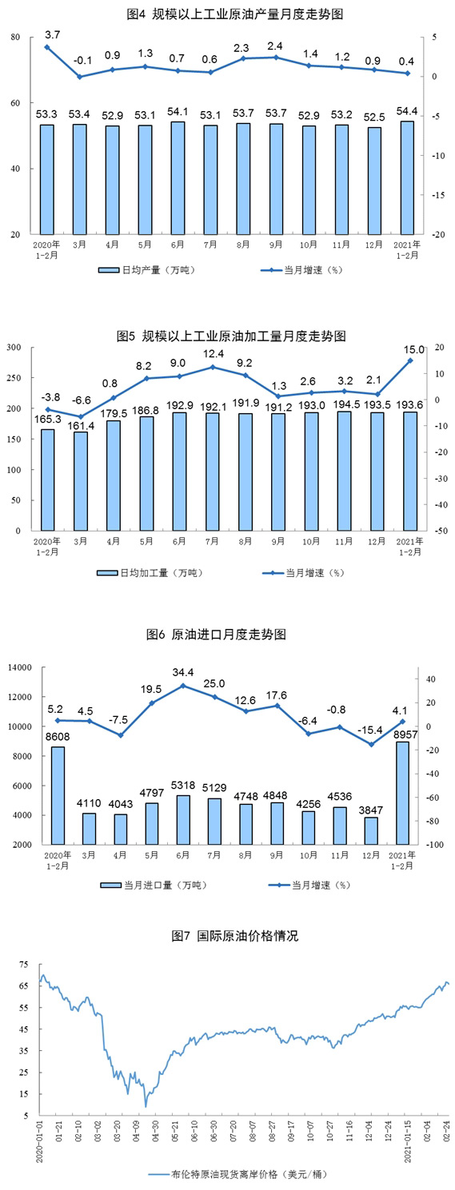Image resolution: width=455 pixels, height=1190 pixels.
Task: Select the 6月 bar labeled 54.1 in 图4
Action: (178, 178)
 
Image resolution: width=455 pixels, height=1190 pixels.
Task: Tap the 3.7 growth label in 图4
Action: (52, 35)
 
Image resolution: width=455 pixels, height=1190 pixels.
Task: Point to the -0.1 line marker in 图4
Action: (80, 77)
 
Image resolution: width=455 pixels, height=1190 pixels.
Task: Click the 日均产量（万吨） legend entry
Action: (147, 270)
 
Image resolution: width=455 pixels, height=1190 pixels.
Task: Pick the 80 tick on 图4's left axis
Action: (15, 38)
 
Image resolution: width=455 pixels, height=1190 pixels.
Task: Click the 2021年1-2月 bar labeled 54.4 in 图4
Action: (407, 177)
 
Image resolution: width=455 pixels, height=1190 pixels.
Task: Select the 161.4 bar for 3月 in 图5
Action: (80, 481)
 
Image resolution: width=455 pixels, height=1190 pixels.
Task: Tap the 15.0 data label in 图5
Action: (414, 349)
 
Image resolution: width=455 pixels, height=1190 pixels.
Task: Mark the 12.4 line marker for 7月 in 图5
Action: (213, 367)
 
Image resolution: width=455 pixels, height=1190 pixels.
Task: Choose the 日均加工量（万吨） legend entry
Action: (150, 573)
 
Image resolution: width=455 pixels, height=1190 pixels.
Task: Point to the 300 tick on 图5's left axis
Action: (14, 348)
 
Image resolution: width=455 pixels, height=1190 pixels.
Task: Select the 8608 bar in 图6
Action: (58, 795)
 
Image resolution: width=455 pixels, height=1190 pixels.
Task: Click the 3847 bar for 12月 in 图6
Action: (371, 831)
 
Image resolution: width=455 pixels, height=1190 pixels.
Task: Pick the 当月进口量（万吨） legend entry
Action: (154, 885)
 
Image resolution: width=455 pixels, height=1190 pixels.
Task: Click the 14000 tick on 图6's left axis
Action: (19, 667)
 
